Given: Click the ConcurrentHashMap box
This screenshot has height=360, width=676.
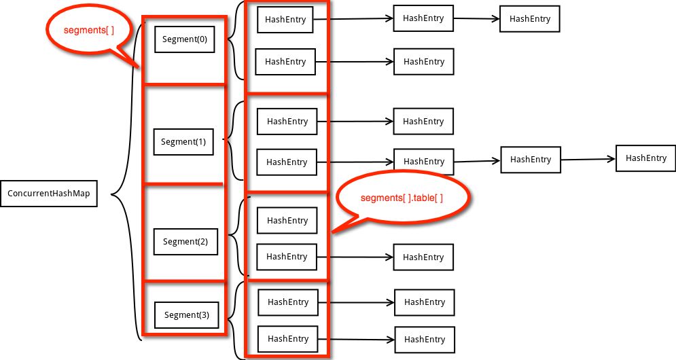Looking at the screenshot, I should click(x=49, y=194).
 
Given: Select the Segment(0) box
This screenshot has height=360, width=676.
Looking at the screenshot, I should click(x=185, y=39).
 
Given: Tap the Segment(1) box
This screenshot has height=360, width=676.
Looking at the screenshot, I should click(x=183, y=142).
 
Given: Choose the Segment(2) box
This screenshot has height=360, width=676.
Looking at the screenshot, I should click(x=185, y=242).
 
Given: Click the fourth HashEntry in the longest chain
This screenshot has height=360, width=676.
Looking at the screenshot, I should click(x=645, y=158).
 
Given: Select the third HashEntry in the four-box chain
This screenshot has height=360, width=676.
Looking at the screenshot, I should click(x=531, y=159).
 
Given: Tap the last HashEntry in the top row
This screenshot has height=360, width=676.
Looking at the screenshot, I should click(x=530, y=19).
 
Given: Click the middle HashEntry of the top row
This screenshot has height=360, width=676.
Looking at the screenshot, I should click(x=423, y=18).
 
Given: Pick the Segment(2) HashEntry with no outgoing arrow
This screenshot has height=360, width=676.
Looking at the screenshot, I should click(x=287, y=221).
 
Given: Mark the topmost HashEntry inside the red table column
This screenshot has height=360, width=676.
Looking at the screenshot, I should click(x=285, y=20).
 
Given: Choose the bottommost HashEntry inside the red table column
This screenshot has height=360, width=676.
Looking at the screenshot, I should click(x=288, y=338).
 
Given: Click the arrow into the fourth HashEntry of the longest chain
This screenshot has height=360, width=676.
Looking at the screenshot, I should click(x=588, y=159).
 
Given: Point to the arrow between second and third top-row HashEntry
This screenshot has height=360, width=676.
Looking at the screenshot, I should click(x=476, y=19).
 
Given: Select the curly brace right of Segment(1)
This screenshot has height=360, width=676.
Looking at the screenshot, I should click(x=235, y=141).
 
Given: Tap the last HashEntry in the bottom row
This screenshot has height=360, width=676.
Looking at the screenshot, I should click(x=424, y=339).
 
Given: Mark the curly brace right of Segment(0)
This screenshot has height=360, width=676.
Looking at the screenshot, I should click(x=235, y=39).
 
